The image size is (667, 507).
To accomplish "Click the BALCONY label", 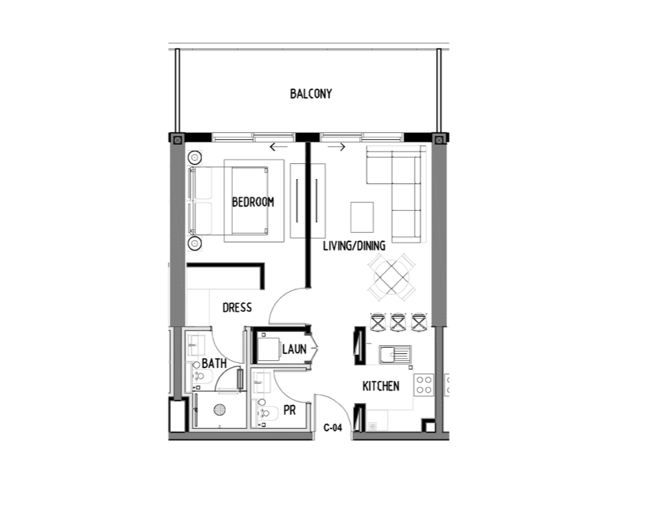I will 311,94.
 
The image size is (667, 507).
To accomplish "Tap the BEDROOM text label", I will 253,203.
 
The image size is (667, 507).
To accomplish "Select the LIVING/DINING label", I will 354,246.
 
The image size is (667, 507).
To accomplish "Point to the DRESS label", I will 236,308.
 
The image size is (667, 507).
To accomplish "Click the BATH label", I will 214,362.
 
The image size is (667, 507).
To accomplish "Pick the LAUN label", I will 294,350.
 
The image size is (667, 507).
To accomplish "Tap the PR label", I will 289,411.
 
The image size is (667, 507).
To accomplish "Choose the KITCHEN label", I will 380,386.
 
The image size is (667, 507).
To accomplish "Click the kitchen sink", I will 394,355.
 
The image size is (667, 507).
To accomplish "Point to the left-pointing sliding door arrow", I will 278,147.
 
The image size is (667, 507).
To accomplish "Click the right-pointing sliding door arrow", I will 337,147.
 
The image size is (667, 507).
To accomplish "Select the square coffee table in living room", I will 362,216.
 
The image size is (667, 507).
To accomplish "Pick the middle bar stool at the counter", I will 398,322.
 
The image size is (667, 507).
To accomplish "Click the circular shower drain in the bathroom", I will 220,409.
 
